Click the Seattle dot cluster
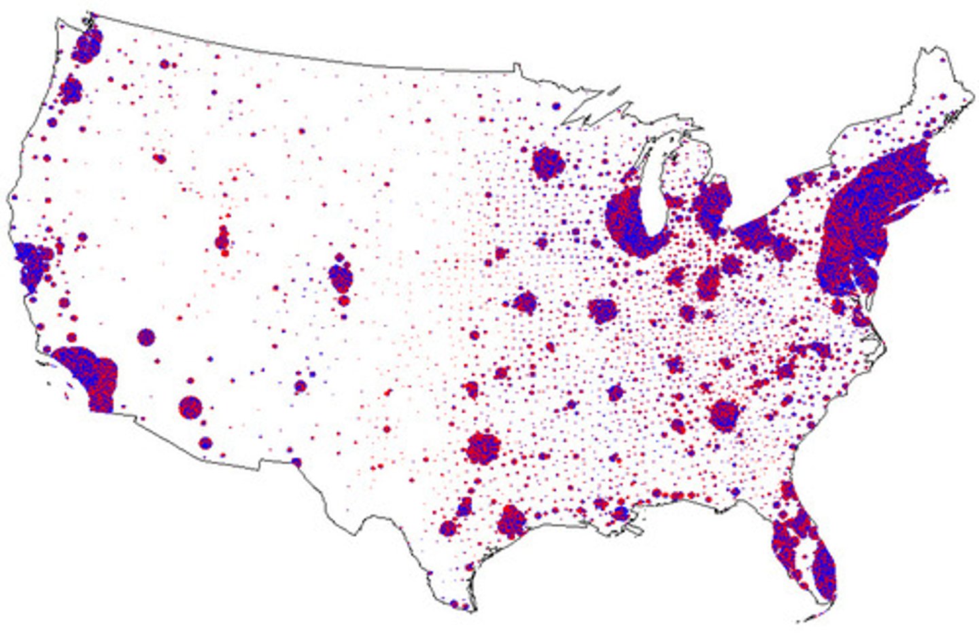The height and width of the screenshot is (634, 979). (87, 47)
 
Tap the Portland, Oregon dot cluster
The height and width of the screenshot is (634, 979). (71, 90)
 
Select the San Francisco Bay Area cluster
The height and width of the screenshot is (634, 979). (31, 265)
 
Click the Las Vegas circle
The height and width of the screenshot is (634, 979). (146, 336)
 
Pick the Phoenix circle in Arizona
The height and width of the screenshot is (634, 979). (191, 408)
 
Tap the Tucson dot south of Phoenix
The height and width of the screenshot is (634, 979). (205, 443)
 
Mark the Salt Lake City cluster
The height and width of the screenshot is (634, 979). (222, 240)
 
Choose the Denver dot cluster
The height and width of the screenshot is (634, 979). (340, 277)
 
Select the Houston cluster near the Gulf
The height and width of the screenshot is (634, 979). (511, 521)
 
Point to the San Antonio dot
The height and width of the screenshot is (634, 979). (448, 528)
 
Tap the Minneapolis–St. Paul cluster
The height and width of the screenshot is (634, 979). (548, 163)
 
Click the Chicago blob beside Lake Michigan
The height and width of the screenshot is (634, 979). (629, 224)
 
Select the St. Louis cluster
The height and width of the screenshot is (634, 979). (602, 311)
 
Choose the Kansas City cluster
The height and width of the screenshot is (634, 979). (525, 302)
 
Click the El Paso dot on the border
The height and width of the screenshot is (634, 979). (296, 462)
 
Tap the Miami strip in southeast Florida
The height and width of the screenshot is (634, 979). (824, 571)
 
